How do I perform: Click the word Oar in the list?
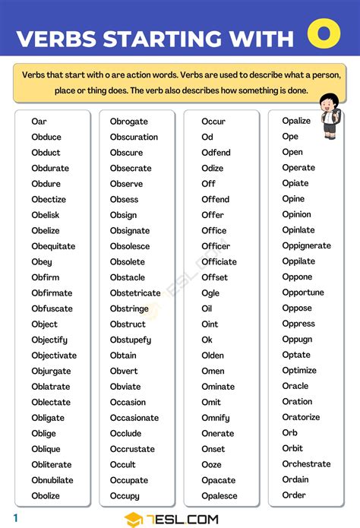pos(39,122)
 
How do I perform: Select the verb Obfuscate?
pos(52,308)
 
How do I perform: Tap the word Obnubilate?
pos(52,480)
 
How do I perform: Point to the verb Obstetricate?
pos(135,293)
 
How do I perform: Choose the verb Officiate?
pos(219,262)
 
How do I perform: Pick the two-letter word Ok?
pos(207,340)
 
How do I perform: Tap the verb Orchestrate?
pos(306,464)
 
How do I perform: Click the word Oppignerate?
pos(306,246)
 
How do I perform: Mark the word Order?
pos(294,495)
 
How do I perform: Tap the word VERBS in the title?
pos(58,39)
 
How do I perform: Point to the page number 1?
pos(15,518)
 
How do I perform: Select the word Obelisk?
pos(46,215)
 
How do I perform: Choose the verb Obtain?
pos(123,356)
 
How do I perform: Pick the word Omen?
pos(213,371)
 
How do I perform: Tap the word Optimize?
pos(299,371)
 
